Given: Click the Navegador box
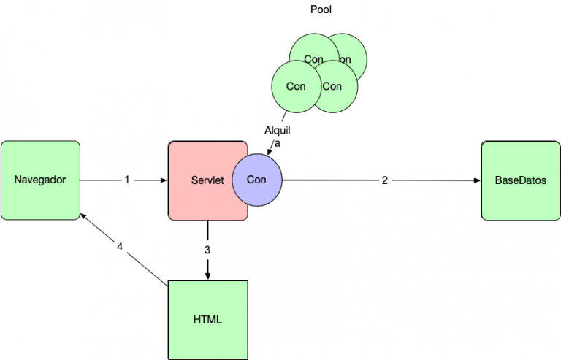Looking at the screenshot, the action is (x=40, y=180).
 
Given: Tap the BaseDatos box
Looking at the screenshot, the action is (x=521, y=180).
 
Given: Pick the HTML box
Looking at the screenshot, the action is (x=208, y=320).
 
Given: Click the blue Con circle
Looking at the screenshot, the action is (x=257, y=180).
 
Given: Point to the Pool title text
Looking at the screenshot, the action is (x=321, y=9).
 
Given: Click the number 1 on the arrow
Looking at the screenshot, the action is (x=127, y=180).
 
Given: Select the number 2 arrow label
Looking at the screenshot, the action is (x=385, y=180).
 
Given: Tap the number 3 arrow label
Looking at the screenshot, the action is (x=207, y=250).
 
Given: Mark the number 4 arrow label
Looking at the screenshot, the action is (x=120, y=247).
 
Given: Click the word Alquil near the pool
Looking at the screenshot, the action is (x=278, y=131).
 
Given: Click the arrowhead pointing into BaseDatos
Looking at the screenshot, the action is (x=477, y=180).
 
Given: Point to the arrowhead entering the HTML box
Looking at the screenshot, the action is (x=208, y=276).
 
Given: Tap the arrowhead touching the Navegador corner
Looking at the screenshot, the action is (x=83, y=216).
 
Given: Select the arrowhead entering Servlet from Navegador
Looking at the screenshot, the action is (x=164, y=180).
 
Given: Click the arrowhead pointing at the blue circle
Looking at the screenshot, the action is (x=270, y=152).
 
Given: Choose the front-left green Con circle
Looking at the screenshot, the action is (x=297, y=86).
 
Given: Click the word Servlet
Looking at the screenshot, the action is (x=207, y=180).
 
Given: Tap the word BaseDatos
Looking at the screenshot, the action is (x=521, y=180).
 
